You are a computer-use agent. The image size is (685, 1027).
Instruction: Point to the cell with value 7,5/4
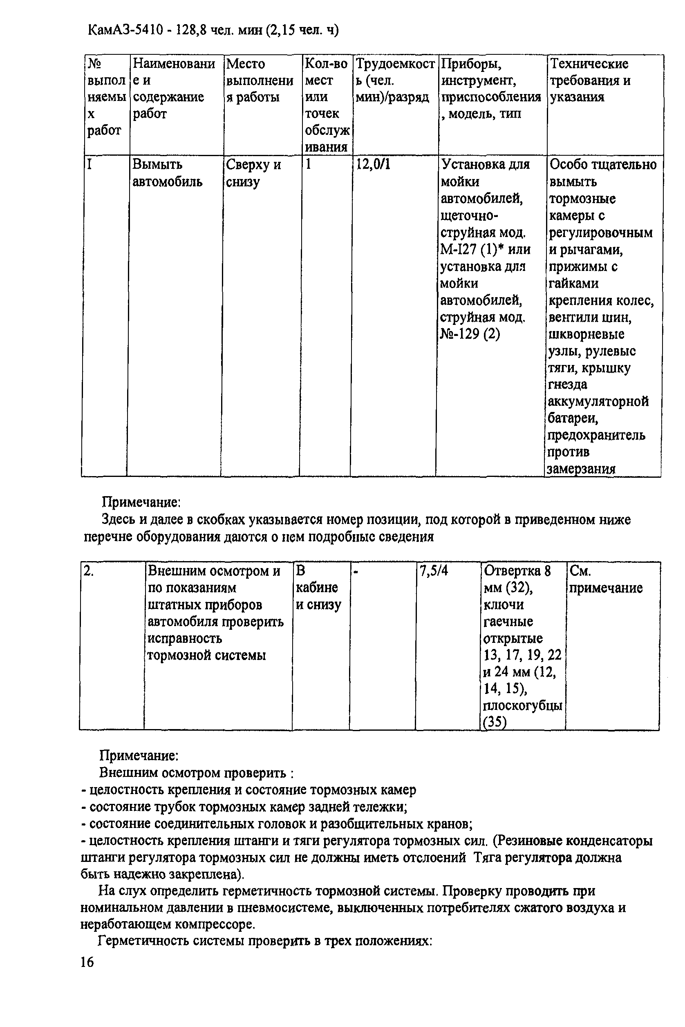[x=433, y=571]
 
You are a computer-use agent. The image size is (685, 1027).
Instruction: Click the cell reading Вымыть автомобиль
[x=167, y=173]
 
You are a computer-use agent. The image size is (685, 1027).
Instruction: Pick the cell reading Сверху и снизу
[x=253, y=173]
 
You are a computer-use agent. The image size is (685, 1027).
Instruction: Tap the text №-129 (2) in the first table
[x=470, y=334]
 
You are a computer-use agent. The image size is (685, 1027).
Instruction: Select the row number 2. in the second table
[x=88, y=571]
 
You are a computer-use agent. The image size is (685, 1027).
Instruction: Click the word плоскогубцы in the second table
[x=522, y=706]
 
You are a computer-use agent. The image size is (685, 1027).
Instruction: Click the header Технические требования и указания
[x=590, y=81]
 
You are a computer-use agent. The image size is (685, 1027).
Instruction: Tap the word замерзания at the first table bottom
[x=581, y=469]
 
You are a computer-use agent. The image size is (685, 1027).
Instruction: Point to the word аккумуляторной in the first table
[x=598, y=401]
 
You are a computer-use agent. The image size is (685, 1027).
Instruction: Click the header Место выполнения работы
[x=260, y=81]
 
